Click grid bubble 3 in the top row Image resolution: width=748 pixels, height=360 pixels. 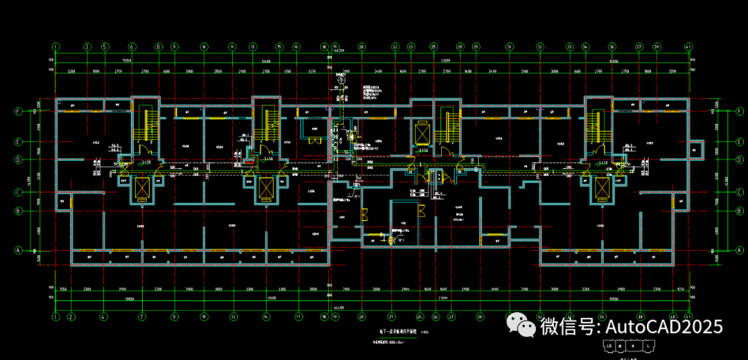[x=87, y=47]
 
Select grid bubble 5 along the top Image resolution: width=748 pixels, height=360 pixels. [x=105, y=47]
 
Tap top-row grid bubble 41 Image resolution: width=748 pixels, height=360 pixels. [x=688, y=47]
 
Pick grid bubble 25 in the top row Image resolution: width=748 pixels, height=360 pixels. [x=433, y=47]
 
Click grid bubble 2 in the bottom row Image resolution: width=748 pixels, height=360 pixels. [x=71, y=316]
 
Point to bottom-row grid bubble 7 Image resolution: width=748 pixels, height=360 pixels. [x=141, y=316]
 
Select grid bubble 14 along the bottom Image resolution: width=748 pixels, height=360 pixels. [x=266, y=316]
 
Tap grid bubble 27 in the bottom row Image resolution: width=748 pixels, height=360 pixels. [x=451, y=316]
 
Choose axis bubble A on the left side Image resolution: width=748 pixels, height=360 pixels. [x=19, y=250]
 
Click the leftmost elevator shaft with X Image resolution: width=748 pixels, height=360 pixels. [x=141, y=188]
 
